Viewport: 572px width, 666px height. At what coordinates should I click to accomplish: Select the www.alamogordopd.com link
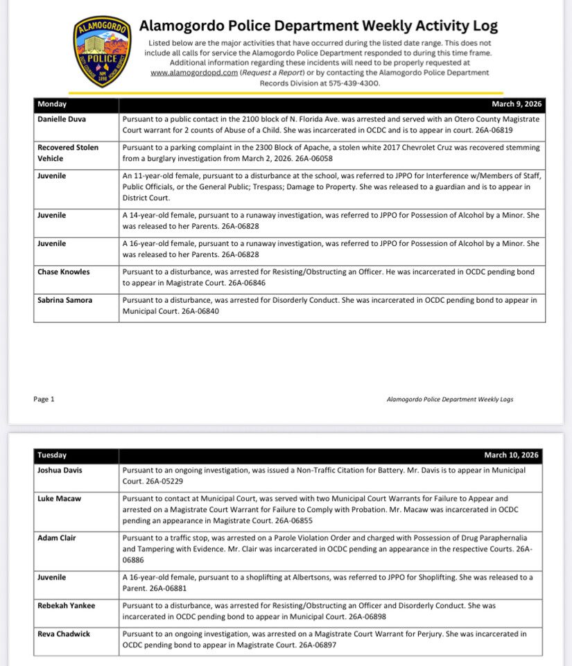[194, 72]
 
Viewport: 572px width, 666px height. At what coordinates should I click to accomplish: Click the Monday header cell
[53, 105]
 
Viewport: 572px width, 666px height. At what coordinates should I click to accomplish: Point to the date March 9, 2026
[517, 105]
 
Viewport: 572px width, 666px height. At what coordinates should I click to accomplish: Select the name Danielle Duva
[62, 119]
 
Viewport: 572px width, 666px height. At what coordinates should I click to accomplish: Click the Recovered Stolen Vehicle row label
[68, 152]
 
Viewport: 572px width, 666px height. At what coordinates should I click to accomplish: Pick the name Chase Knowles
[64, 272]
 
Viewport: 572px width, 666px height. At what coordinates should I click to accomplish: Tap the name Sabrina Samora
[67, 301]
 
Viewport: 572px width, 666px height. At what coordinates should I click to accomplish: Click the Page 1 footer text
[44, 399]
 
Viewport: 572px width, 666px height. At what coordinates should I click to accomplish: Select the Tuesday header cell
[53, 455]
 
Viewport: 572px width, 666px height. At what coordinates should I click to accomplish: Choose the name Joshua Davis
[60, 470]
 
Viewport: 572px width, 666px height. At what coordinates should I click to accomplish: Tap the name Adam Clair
[57, 537]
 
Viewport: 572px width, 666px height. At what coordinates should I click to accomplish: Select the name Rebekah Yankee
[67, 606]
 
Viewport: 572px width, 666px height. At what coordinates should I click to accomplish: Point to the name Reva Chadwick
[64, 634]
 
